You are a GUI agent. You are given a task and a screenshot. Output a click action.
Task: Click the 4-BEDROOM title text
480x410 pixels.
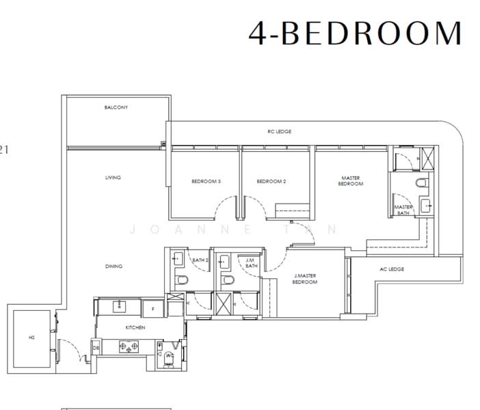pos(355,33)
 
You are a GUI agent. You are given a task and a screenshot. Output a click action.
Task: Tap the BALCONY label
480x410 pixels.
pos(116,107)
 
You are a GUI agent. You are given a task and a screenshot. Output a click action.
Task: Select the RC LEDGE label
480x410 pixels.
pos(279,131)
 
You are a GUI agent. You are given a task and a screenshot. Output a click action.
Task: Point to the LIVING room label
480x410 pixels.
pos(113,178)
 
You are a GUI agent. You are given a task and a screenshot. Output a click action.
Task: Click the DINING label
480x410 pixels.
pos(114,266)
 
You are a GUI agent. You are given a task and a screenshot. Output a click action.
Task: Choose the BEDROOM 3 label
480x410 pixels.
pos(205,181)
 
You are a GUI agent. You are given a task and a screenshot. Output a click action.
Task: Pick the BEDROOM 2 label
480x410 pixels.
pos(271,181)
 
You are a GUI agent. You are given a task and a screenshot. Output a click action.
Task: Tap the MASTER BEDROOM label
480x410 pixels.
pos(351,181)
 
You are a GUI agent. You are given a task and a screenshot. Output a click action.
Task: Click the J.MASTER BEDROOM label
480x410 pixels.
pos(305,279)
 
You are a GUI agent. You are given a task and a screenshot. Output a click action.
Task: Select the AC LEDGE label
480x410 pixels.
pos(392,269)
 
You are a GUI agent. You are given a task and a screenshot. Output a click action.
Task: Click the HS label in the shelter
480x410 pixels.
pos(31,337)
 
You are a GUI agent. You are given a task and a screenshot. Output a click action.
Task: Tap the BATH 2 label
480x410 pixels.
pos(200,260)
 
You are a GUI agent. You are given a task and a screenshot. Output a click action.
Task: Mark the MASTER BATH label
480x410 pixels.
pos(403,210)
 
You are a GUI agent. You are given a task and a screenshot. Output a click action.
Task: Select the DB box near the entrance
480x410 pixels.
pos(96,348)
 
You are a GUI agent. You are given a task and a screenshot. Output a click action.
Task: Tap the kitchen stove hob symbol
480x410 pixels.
pos(129,347)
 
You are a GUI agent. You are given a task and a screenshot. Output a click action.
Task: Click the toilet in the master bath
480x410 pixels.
pos(422,182)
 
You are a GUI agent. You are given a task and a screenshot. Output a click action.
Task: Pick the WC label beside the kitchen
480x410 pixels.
pos(170,355)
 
